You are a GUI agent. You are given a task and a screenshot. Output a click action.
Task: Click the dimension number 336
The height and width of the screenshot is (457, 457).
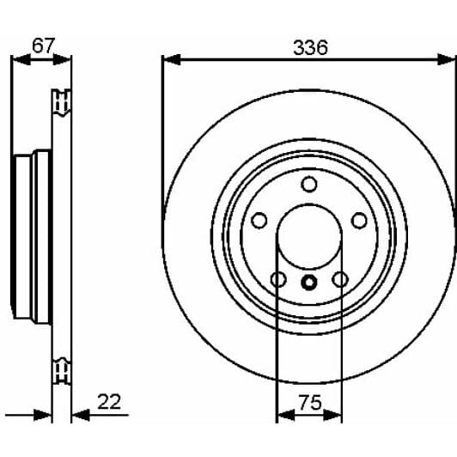pos(310,47)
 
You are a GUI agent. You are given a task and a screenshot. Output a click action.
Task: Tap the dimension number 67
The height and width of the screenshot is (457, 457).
pos(43,46)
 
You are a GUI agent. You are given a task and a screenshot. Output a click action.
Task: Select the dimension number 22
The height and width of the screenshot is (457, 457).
pos(109,402)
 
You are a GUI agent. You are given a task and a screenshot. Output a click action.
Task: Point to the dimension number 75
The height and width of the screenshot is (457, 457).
pos(310,403)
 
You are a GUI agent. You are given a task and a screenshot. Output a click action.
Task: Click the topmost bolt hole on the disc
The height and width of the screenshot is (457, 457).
pos(309,184)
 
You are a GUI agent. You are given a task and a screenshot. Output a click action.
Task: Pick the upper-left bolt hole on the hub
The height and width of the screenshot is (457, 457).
pos(259,220)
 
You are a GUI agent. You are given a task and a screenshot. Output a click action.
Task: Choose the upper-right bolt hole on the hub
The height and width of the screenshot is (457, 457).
pos(359,220)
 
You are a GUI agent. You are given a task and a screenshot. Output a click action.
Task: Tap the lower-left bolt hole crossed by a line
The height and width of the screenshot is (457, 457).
pos(278,279)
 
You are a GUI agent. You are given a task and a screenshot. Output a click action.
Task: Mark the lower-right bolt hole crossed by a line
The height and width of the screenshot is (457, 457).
pos(340,279)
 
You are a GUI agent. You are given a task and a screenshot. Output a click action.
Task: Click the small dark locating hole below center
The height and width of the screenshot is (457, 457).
pos(309,282)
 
